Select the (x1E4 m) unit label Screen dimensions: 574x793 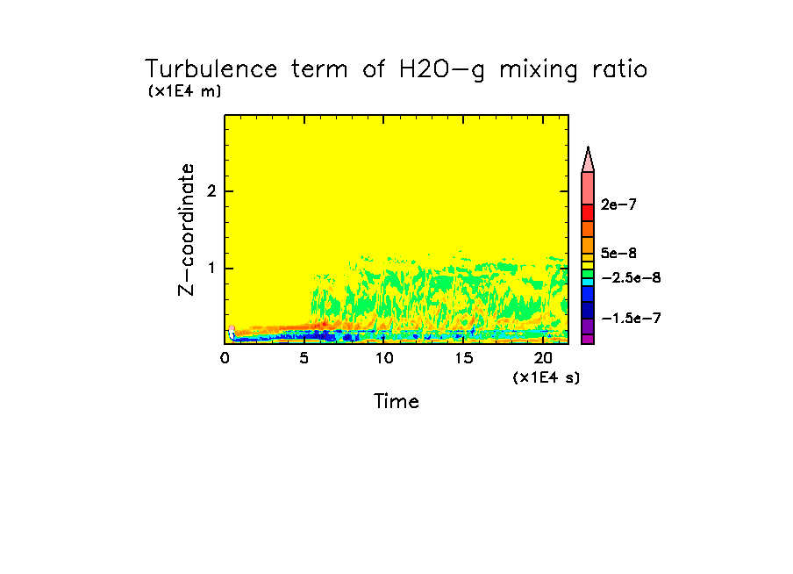pyautogui.click(x=185, y=91)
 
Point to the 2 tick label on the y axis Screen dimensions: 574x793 pyautogui.click(x=211, y=191)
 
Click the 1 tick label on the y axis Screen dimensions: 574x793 pyautogui.click(x=211, y=269)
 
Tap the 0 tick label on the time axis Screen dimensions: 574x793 pyautogui.click(x=225, y=358)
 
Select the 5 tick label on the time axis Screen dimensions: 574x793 pyautogui.click(x=304, y=358)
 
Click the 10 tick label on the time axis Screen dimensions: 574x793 pyautogui.click(x=384, y=358)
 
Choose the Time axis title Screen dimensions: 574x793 pyautogui.click(x=396, y=402)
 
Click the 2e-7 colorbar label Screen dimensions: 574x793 pyautogui.click(x=619, y=204)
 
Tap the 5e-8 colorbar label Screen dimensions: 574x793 pyautogui.click(x=619, y=254)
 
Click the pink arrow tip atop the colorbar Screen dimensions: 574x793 pyautogui.click(x=588, y=159)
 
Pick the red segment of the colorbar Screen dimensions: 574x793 pyautogui.click(x=588, y=212)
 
